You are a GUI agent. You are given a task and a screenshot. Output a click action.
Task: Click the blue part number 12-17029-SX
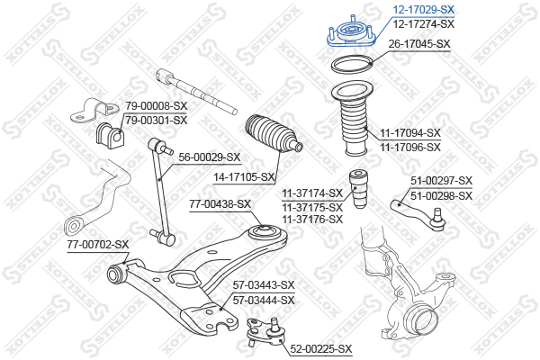(424, 9)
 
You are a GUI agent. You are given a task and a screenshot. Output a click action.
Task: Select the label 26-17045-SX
(419, 44)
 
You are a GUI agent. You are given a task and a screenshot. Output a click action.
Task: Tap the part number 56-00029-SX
(209, 157)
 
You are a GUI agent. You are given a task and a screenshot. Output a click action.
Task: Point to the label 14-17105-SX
(244, 177)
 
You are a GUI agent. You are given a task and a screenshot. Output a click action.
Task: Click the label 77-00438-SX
(220, 204)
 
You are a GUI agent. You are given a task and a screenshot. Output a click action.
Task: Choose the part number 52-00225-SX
(321, 349)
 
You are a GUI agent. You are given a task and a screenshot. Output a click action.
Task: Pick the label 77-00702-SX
(98, 245)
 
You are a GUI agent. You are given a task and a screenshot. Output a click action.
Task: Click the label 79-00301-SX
(157, 121)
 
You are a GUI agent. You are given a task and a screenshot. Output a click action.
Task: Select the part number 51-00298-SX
(441, 195)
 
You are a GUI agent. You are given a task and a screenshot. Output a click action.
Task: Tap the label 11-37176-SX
(312, 219)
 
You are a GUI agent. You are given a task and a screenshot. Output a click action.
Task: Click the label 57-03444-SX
(264, 300)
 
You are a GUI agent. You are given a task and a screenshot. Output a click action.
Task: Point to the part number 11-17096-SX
(410, 147)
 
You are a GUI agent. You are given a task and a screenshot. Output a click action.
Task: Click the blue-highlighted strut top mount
(351, 32)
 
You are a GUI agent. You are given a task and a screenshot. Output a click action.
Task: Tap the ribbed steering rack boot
(274, 134)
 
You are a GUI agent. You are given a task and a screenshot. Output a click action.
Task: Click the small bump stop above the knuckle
(359, 189)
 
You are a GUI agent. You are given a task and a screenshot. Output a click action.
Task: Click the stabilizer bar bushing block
(109, 136)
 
